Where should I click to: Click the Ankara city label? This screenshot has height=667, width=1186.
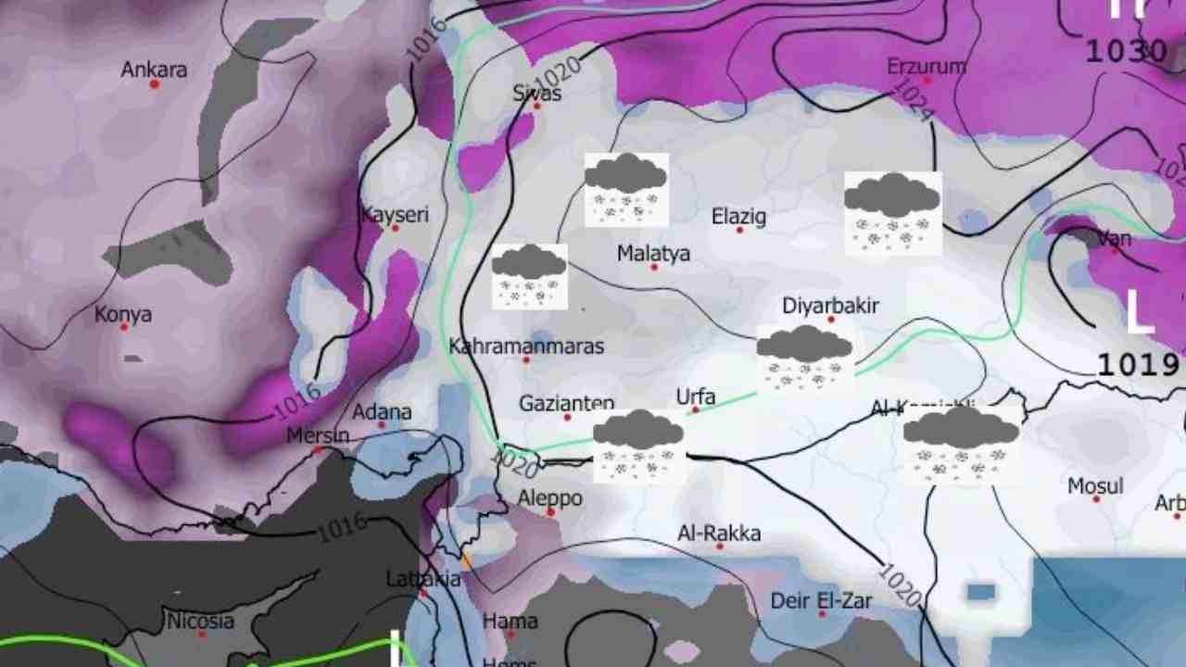(x=154, y=69)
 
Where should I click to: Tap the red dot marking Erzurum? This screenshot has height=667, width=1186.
(x=927, y=81)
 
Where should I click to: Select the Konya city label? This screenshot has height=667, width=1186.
(x=123, y=315)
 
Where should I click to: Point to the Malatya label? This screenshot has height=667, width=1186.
(x=653, y=253)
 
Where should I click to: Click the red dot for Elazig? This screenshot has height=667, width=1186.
(x=739, y=230)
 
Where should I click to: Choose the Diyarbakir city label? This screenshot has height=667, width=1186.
(x=830, y=306)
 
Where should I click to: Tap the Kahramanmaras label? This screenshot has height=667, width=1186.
(x=526, y=346)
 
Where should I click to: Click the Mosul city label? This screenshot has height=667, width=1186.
(x=1095, y=485)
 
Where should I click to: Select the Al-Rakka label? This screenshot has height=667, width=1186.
(x=719, y=534)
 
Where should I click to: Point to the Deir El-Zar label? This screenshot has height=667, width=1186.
(x=822, y=601)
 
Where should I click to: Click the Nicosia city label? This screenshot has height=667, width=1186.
(x=201, y=621)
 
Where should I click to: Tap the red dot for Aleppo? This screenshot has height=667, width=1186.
(x=550, y=511)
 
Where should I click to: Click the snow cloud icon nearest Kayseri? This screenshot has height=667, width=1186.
(x=529, y=276)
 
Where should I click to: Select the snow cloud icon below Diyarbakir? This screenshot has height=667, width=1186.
(x=804, y=358)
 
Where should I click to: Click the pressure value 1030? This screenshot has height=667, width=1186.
(x=1126, y=51)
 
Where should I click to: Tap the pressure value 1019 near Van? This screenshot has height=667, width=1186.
(x=1138, y=363)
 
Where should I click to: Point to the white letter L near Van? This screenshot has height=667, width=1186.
(x=1139, y=312)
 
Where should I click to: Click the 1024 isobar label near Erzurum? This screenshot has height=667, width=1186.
(x=913, y=100)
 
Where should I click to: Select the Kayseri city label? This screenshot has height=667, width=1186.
(x=395, y=215)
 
